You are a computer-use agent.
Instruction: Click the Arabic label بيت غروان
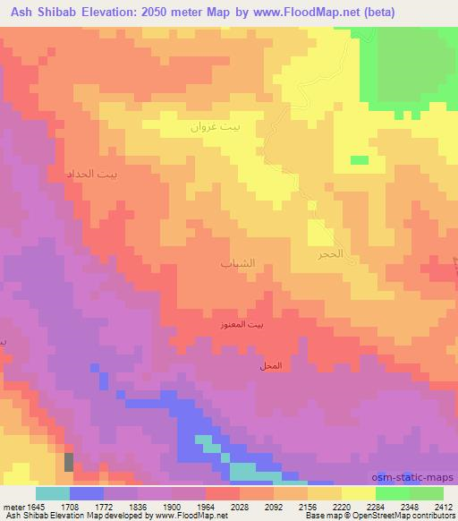click(216, 128)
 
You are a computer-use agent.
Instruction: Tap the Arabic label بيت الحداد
click(92, 173)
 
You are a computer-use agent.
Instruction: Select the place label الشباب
click(237, 263)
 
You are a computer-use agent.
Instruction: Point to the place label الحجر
click(332, 254)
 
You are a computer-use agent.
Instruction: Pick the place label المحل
click(268, 367)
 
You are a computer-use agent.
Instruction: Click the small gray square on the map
click(69, 463)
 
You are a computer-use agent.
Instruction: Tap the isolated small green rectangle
click(359, 160)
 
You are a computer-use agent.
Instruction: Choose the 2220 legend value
click(342, 507)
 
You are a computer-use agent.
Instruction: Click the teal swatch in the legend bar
click(53, 493)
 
